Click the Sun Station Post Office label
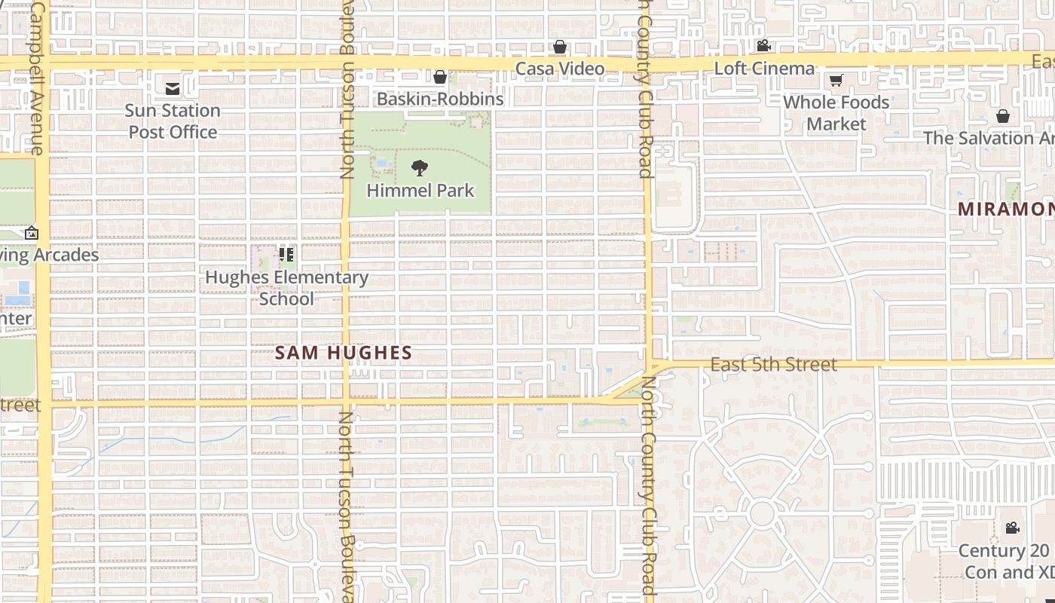click(173, 121)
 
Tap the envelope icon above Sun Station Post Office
click(173, 88)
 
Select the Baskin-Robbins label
click(440, 99)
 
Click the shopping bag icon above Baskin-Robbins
click(440, 77)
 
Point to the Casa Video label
click(560, 69)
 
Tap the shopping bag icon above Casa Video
click(560, 47)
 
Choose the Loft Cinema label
click(764, 69)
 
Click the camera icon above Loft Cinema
click(763, 46)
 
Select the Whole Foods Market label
click(836, 113)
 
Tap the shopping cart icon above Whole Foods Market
click(836, 80)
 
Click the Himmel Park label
click(420, 190)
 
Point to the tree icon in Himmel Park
click(420, 167)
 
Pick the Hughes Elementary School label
click(286, 288)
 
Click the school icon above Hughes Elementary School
click(286, 255)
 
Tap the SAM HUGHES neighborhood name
click(344, 353)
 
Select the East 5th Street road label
click(774, 365)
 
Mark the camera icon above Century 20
click(1012, 528)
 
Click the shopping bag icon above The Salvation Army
click(1003, 116)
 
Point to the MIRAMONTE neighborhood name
click(1006, 210)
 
